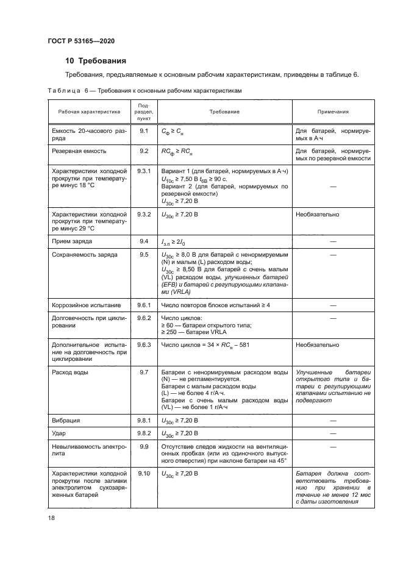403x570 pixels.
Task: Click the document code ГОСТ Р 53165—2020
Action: [80, 40]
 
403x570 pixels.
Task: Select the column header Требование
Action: [224, 112]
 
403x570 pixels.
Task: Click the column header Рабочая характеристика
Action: [90, 112]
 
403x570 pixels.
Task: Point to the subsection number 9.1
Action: [144, 131]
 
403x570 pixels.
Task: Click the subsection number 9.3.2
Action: [144, 215]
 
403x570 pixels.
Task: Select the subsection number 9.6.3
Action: [144, 344]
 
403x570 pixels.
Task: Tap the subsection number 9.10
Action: [144, 473]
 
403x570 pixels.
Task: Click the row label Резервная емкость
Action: [80, 150]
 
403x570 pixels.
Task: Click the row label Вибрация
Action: [66, 421]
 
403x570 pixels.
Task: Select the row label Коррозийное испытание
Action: [87, 305]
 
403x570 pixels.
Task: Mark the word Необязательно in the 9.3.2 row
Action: [318, 215]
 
